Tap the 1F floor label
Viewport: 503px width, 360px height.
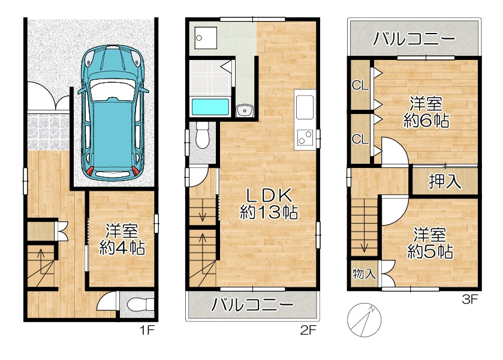pyautogui.click(x=147, y=330)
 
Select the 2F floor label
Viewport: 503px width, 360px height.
pyautogui.click(x=308, y=330)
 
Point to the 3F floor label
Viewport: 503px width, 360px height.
pyautogui.click(x=469, y=299)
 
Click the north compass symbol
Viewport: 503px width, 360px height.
pyautogui.click(x=364, y=320)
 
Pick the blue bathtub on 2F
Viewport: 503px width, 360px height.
pyautogui.click(x=210, y=107)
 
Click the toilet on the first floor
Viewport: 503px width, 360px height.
pyautogui.click(x=140, y=304)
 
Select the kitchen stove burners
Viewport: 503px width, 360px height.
pyautogui.click(x=305, y=137)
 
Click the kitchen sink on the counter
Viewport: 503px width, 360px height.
pyautogui.click(x=305, y=107)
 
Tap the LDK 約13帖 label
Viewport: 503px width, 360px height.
pyautogui.click(x=269, y=203)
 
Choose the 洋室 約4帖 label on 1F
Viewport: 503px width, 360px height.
pyautogui.click(x=122, y=239)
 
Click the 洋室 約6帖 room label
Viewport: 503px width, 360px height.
pyautogui.click(x=426, y=112)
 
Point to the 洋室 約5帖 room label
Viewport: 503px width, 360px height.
pyautogui.click(x=430, y=243)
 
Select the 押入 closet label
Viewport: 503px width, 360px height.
pyautogui.click(x=445, y=181)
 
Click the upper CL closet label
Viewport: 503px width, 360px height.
pyautogui.click(x=360, y=85)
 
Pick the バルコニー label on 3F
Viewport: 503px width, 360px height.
pyautogui.click(x=414, y=38)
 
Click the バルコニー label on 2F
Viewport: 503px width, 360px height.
pyautogui.click(x=252, y=304)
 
